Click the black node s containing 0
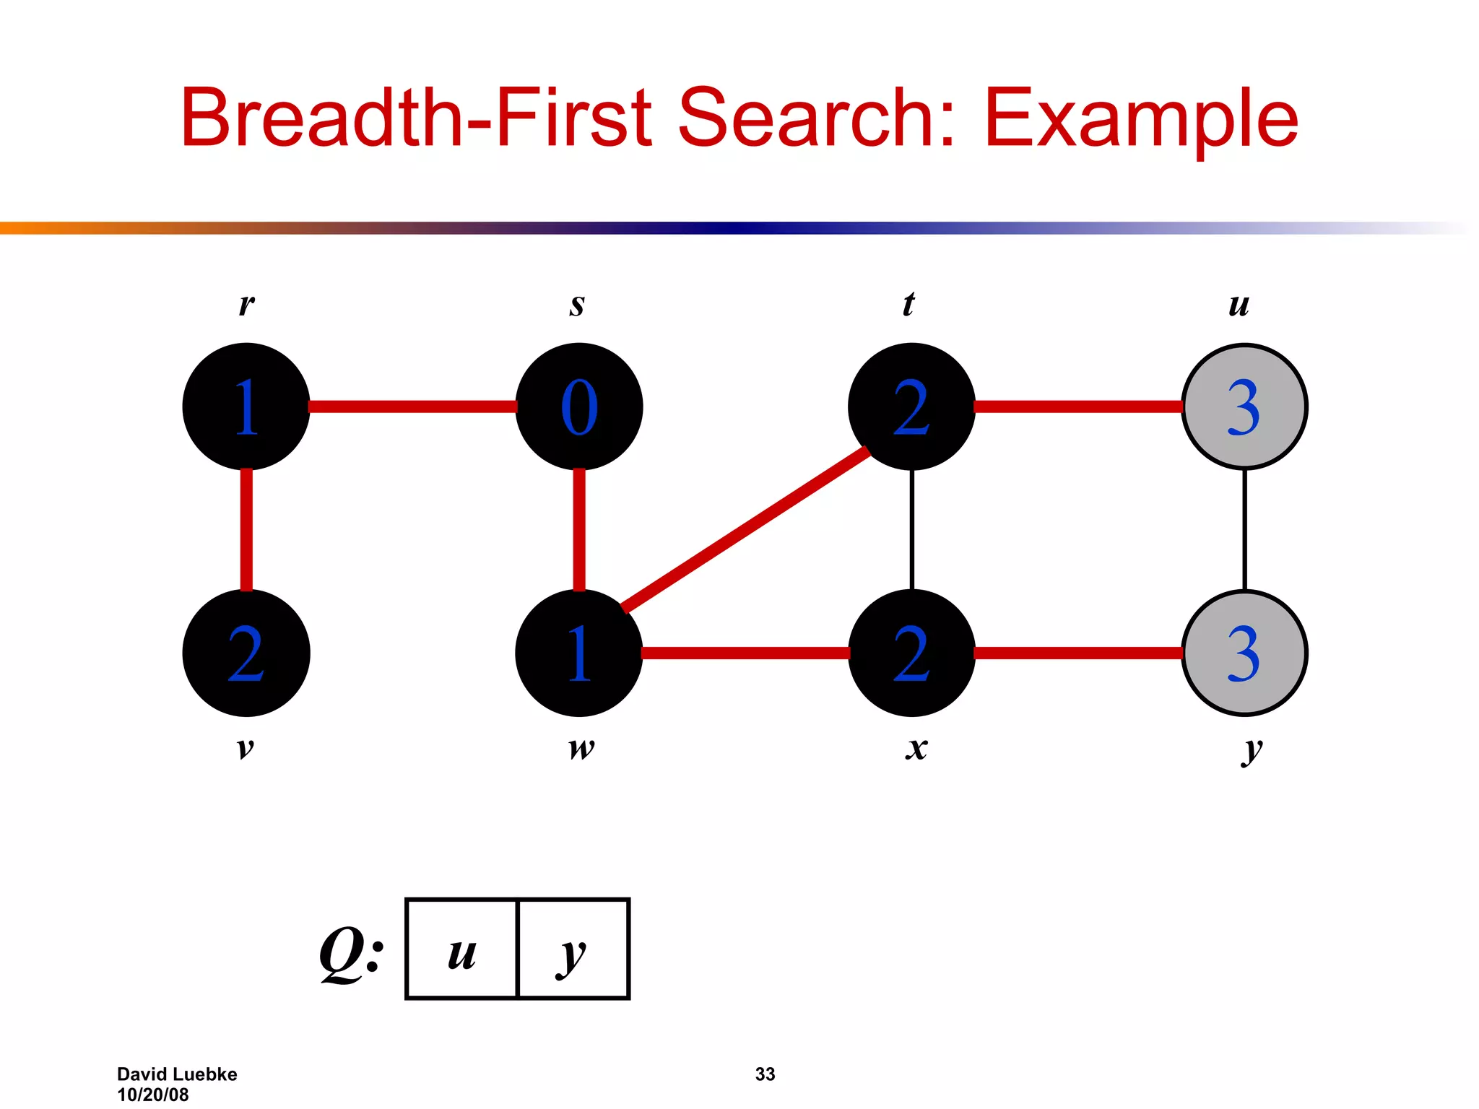point(579,406)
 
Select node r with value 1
point(246,406)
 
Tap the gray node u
point(1244,406)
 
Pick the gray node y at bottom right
point(1244,653)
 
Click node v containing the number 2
point(246,653)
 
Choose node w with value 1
point(579,653)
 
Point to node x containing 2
point(911,653)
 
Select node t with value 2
point(911,406)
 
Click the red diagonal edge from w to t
point(745,529)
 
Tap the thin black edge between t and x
point(912,529)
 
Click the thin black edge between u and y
point(1244,529)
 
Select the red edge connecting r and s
point(412,406)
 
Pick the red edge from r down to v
point(246,529)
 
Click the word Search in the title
point(816,118)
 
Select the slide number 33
point(765,1074)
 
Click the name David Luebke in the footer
point(177,1074)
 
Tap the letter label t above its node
point(908,304)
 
